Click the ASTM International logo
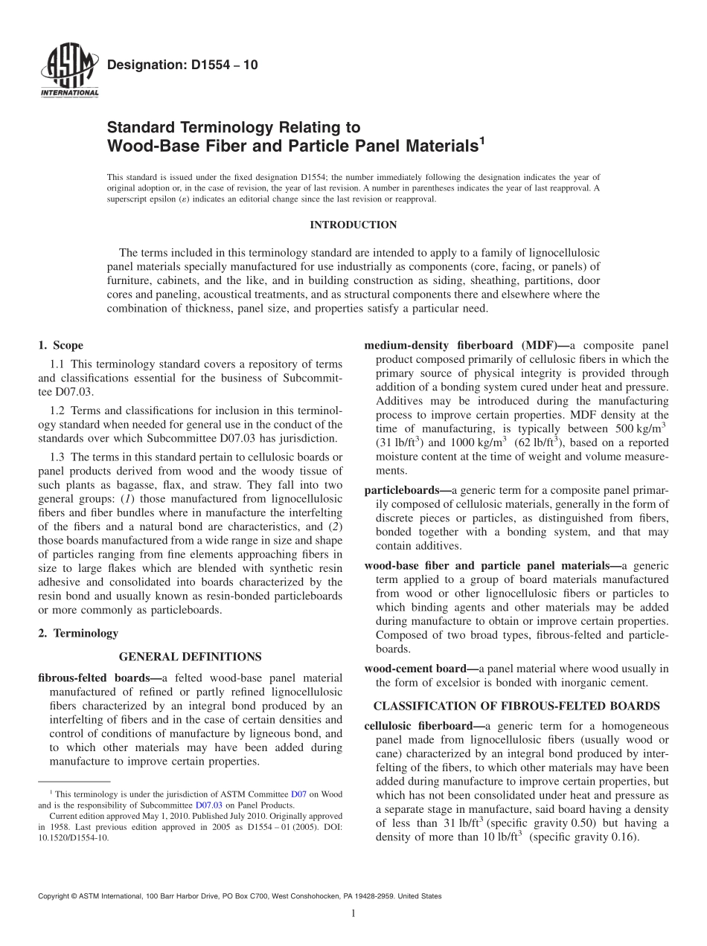point(69,71)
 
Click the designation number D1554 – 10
point(183,65)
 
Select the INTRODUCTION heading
point(353,225)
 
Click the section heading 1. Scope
point(60,345)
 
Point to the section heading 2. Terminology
point(77,634)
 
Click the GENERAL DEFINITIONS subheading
point(190,657)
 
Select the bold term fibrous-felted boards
point(94,678)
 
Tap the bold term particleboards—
point(408,491)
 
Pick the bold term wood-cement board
point(421,669)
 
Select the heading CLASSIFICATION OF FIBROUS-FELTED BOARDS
point(516,706)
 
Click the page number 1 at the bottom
point(353,913)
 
